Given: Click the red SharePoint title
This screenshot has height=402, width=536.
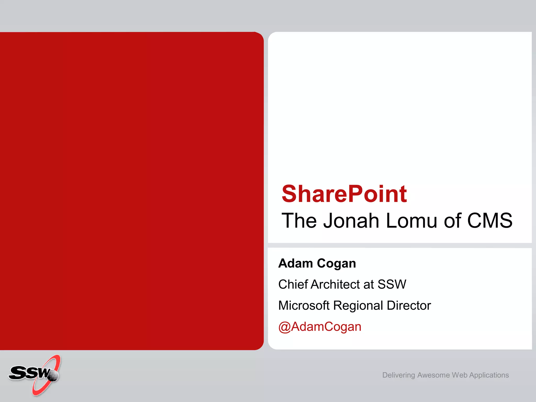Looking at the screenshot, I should pos(344,194).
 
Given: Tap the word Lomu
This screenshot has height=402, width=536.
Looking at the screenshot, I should pos(411,221).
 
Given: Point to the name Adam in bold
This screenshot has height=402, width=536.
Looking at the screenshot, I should pos(295,263).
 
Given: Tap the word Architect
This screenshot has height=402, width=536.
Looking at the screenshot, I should pos(342,284).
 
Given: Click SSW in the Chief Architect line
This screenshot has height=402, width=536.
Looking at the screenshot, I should pos(392,284).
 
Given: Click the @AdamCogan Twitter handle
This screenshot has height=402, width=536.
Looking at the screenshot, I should pos(320,327).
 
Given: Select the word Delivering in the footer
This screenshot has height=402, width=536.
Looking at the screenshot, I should pos(399,375).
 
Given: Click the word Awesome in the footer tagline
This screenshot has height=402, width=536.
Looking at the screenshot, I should pos(433,375).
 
